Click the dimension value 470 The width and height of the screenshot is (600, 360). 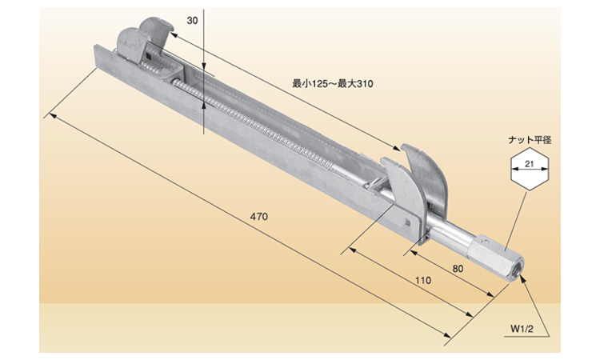[x=258, y=218]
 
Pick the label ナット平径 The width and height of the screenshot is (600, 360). [x=530, y=139]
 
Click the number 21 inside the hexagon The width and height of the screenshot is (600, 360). [x=530, y=166]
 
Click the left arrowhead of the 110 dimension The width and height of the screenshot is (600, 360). [x=350, y=254]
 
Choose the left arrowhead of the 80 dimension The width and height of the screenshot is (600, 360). [x=408, y=254]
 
